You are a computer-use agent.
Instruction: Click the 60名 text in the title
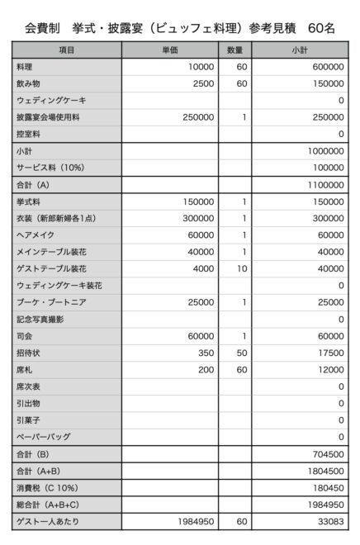(x=320, y=28)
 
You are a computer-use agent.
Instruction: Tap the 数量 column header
(x=234, y=51)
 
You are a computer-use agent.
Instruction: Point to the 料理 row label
(x=25, y=67)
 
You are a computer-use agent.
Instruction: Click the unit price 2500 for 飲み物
(x=202, y=83)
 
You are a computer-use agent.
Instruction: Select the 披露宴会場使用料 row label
(x=48, y=117)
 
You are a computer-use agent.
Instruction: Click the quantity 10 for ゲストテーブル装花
(x=243, y=268)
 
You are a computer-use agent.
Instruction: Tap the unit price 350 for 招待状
(x=206, y=353)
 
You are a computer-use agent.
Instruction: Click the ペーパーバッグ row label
(x=43, y=437)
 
